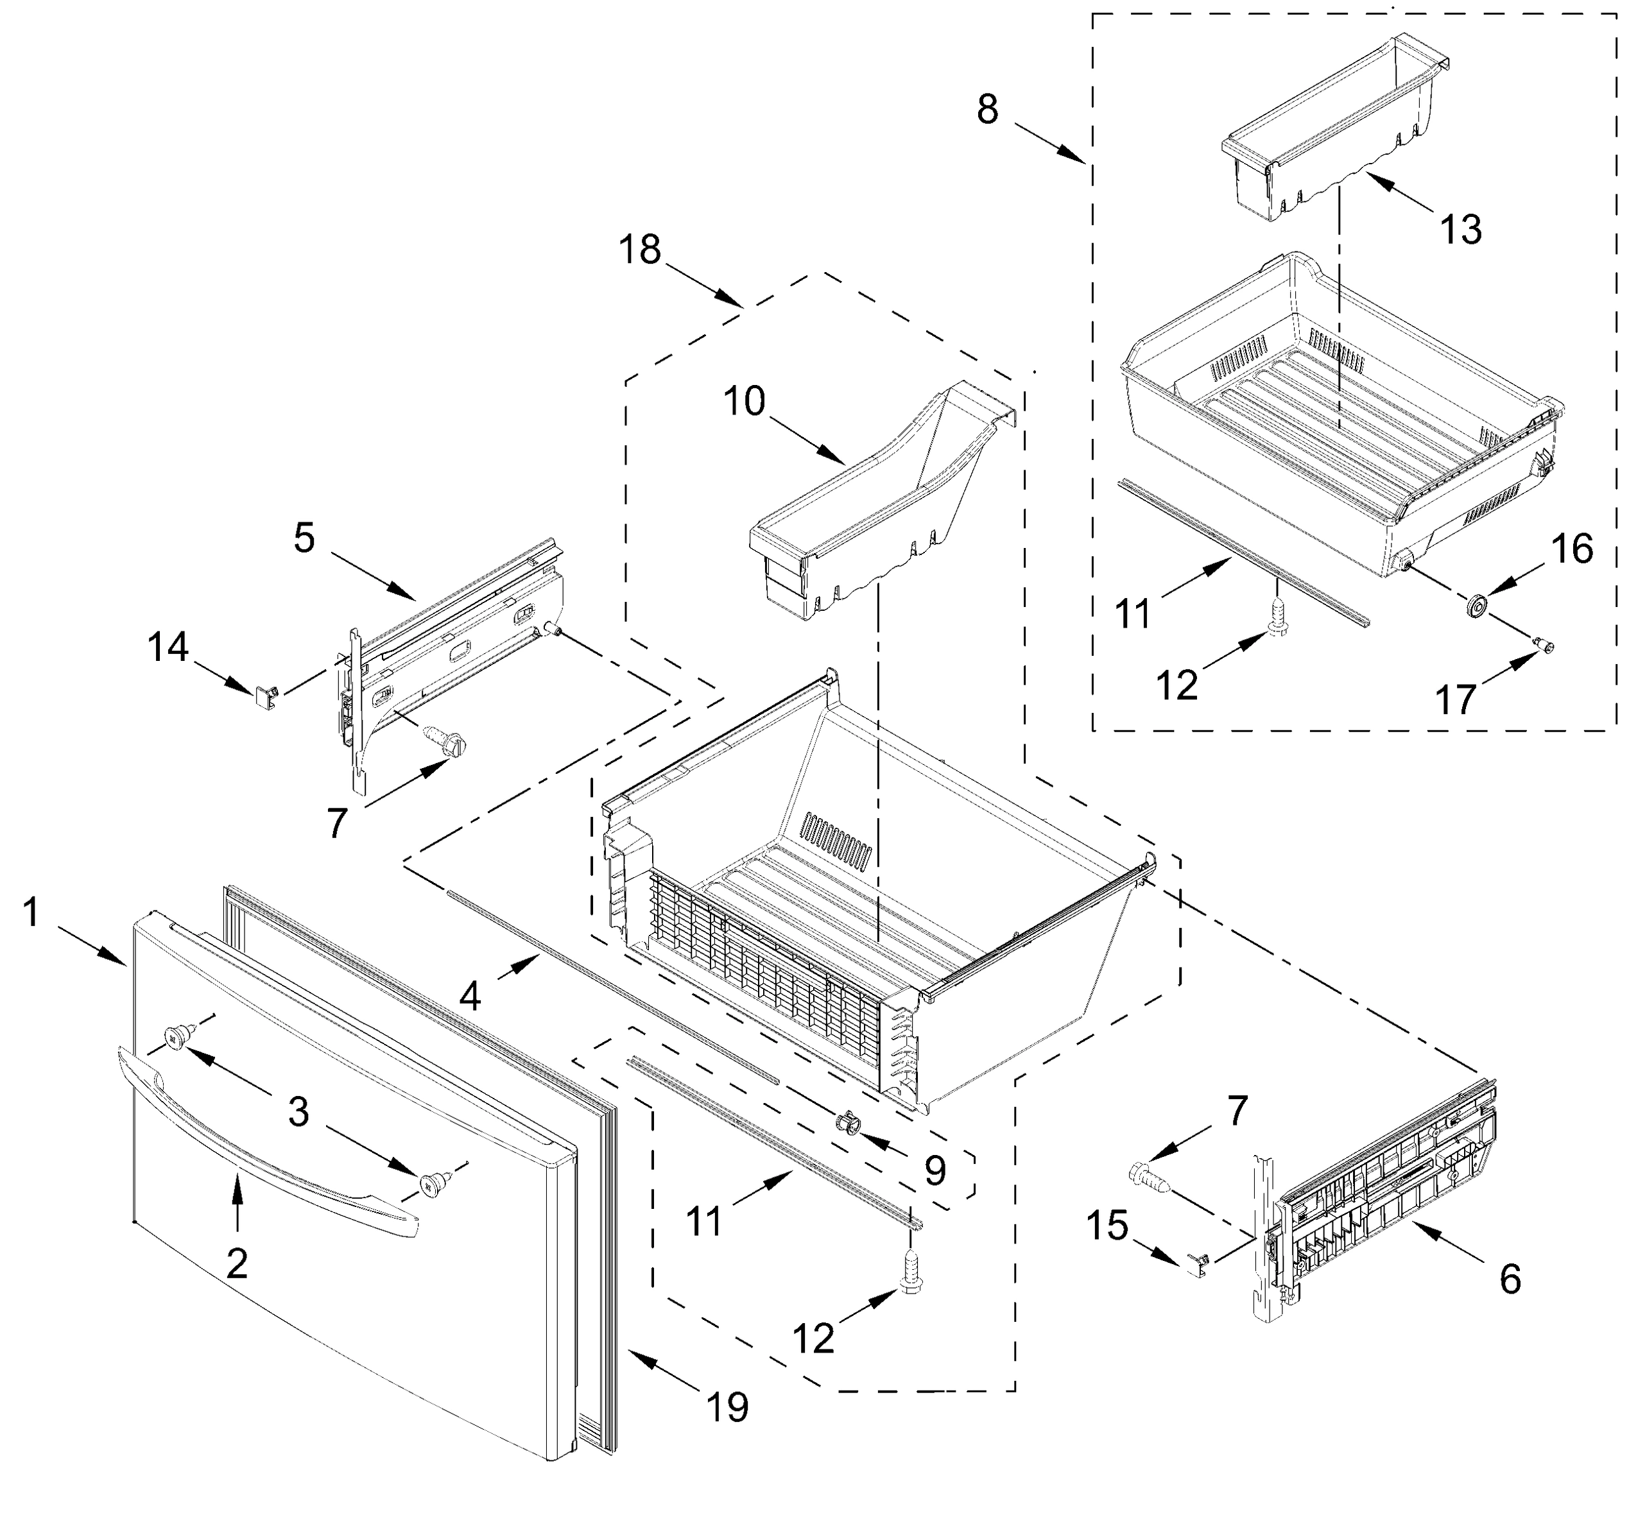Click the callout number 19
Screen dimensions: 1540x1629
click(727, 1407)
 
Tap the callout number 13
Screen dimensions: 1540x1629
click(1461, 229)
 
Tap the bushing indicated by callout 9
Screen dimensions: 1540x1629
click(847, 1122)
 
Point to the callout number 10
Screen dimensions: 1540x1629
click(744, 402)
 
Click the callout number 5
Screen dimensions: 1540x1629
click(304, 538)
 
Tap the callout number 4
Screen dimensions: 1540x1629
click(470, 996)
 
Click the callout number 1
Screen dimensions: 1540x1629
click(31, 913)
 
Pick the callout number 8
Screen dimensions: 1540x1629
click(988, 108)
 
